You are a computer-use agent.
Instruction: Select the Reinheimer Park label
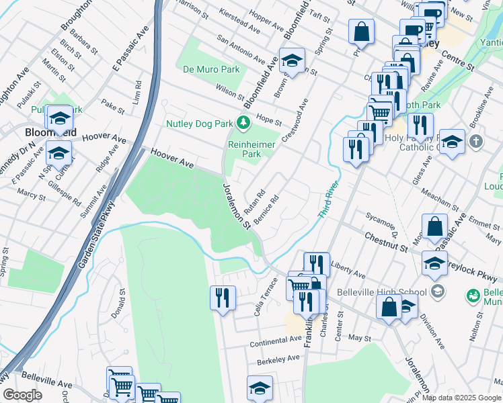pyautogui.click(x=242, y=148)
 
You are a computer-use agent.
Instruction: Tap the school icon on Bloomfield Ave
pyautogui.click(x=292, y=60)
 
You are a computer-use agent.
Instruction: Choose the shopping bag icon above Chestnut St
pyautogui.click(x=435, y=226)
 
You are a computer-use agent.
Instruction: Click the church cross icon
pyautogui.click(x=476, y=142)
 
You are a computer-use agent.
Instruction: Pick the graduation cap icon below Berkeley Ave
pyautogui.click(x=260, y=388)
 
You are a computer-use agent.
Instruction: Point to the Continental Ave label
pyautogui.click(x=276, y=341)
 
